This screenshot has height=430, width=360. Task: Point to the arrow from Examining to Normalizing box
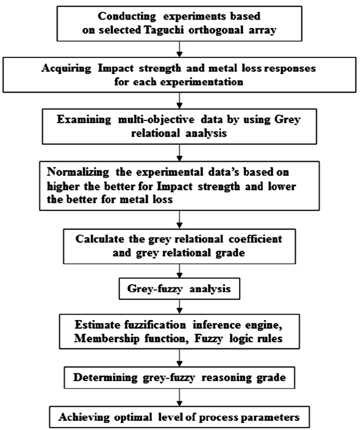(x=180, y=151)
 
